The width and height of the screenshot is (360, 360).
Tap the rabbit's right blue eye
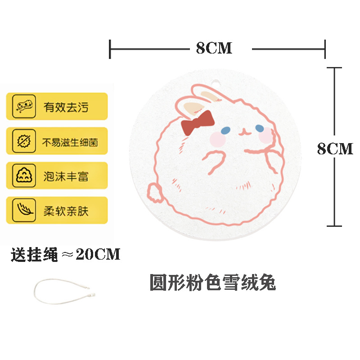pyautogui.click(x=260, y=129)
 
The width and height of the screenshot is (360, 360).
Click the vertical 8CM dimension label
pyautogui.click(x=335, y=148)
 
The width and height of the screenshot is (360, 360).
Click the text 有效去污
pyautogui.click(x=66, y=107)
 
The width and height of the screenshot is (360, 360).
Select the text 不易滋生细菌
pyautogui.click(x=70, y=142)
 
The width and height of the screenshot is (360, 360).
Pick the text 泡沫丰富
pyautogui.click(x=66, y=176)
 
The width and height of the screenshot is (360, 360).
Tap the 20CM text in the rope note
pyautogui.click(x=98, y=255)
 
